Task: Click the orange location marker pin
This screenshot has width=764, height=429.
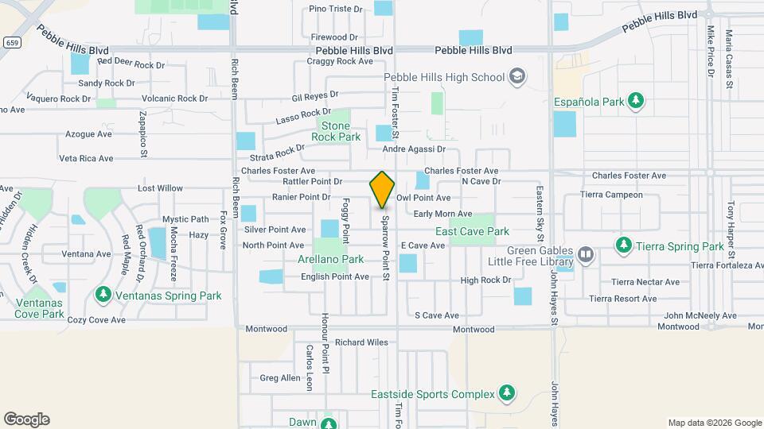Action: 382,190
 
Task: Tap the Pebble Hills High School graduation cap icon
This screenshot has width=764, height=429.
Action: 517,76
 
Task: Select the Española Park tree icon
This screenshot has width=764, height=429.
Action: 635,101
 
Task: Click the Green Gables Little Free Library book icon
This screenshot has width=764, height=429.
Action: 586,254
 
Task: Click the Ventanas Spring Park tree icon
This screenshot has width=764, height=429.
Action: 103,296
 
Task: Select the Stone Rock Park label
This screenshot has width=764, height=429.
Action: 335,131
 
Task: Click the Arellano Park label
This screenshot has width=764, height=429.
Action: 330,259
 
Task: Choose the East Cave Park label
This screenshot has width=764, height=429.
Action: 472,231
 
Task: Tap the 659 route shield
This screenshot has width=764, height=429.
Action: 11,42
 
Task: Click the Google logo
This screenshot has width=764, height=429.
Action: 26,419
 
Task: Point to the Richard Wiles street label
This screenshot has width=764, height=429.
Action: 361,342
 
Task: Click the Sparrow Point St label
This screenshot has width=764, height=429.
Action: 385,249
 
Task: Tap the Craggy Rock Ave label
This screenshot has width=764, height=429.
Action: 340,61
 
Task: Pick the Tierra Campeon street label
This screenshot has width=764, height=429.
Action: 611,195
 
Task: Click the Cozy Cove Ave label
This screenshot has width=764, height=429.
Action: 96,320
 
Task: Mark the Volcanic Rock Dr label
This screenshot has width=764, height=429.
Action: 174,99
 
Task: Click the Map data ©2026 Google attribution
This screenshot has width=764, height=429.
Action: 714,423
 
